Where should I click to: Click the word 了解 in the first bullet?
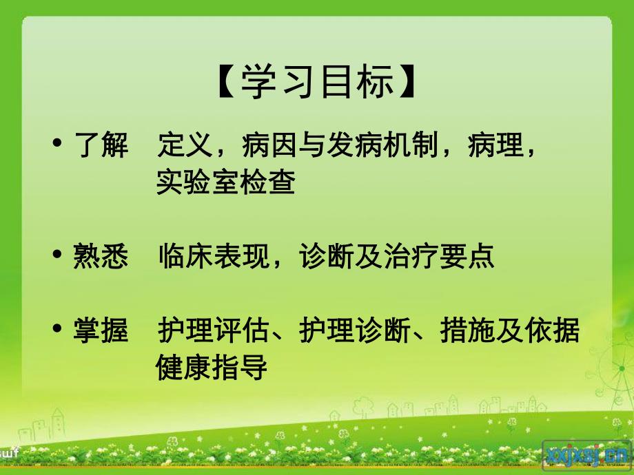pos(100,147)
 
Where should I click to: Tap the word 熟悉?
pos(100,257)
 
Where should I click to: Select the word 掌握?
pos(100,331)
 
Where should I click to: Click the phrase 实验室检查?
pos(226,182)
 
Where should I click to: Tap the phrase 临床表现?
pos(213,257)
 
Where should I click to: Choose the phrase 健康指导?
pos(212,368)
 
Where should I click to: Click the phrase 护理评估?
pos(213,331)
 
